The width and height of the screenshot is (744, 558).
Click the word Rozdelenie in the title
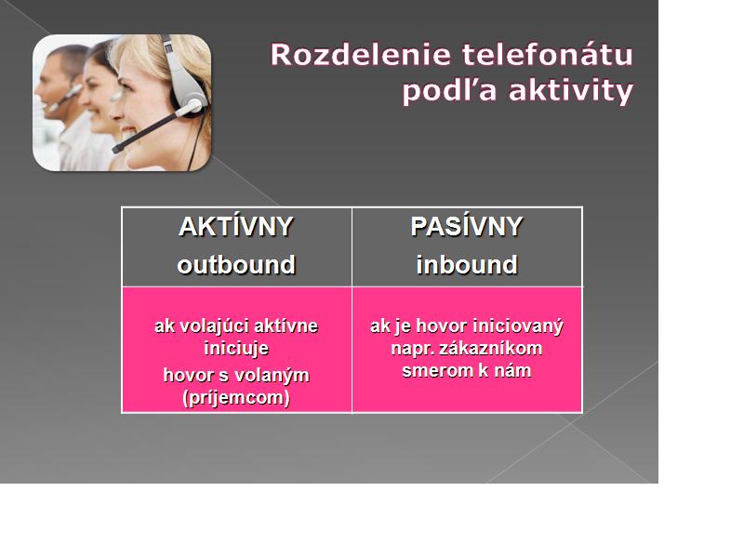(360, 55)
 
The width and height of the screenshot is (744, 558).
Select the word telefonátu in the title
(548, 54)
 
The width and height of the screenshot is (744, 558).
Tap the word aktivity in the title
(571, 90)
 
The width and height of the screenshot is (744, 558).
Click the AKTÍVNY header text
(236, 226)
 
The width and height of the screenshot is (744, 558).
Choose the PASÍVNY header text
(467, 226)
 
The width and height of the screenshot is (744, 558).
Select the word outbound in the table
(236, 265)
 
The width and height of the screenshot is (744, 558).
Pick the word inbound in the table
(467, 265)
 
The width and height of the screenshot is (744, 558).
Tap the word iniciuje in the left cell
(236, 349)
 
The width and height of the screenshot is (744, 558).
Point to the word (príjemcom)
(236, 398)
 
